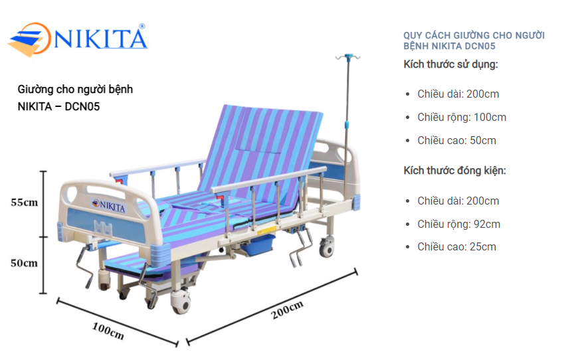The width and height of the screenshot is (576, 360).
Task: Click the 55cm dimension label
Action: pyautogui.click(x=24, y=203)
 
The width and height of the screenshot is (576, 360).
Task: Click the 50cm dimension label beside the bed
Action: pyautogui.click(x=24, y=263)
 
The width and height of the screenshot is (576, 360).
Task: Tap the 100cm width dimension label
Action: pyautogui.click(x=108, y=331)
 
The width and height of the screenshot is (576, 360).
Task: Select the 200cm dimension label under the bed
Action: pyautogui.click(x=287, y=310)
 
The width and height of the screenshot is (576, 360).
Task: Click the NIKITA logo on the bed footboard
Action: pyautogui.click(x=108, y=205)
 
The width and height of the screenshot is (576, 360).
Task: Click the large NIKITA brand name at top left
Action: pyautogui.click(x=101, y=39)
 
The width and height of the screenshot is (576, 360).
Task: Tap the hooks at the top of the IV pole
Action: pyautogui.click(x=347, y=57)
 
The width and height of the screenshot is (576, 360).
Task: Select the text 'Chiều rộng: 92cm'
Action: pyautogui.click(x=459, y=224)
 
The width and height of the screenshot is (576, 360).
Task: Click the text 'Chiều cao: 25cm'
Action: pyautogui.click(x=456, y=247)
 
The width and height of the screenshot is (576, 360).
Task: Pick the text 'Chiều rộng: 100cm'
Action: pyautogui.click(x=462, y=118)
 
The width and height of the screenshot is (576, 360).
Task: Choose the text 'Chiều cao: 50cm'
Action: pyautogui.click(x=456, y=141)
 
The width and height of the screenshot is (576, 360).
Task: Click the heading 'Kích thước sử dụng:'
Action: pyautogui.click(x=450, y=64)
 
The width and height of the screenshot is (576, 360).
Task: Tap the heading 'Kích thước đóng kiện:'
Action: pyautogui.click(x=455, y=171)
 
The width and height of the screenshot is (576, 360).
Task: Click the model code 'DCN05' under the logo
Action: pyautogui.click(x=82, y=107)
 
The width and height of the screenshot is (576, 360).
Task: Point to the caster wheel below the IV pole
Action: pyautogui.click(x=326, y=247)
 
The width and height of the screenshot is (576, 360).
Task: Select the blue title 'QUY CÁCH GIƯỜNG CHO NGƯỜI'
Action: pyautogui.click(x=474, y=36)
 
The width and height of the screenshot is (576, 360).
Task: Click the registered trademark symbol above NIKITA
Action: pyautogui.click(x=142, y=27)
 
